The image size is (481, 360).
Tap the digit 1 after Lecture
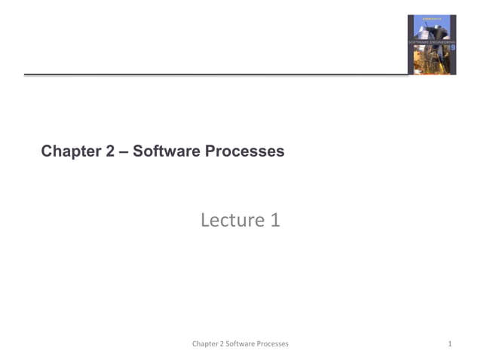[275, 220]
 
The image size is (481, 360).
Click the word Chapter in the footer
[207, 344]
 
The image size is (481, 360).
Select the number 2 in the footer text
[224, 344]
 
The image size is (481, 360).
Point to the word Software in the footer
[242, 344]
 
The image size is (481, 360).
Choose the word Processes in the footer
[274, 344]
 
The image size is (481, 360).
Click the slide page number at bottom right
[449, 344]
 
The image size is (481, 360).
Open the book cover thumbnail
[432, 44]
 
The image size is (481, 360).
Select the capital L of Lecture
[205, 220]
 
